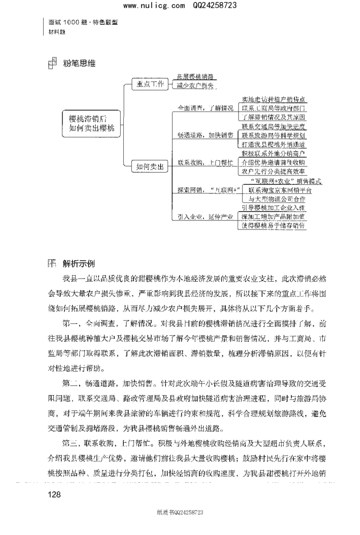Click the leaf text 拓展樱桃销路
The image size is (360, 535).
(195, 77)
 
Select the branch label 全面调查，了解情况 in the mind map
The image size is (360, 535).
(205, 108)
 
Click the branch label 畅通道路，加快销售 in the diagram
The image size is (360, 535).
(205, 135)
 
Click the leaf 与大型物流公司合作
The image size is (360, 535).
(274, 198)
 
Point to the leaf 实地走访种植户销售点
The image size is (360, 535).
(274, 99)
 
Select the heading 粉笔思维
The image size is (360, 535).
(79, 63)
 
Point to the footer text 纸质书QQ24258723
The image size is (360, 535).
(180, 512)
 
